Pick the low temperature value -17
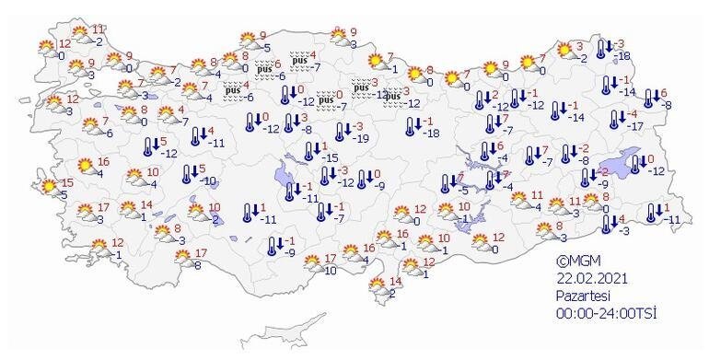click(x=633, y=125)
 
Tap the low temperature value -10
click(x=209, y=180)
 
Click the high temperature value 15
click(x=68, y=182)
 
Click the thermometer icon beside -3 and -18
click(x=604, y=50)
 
